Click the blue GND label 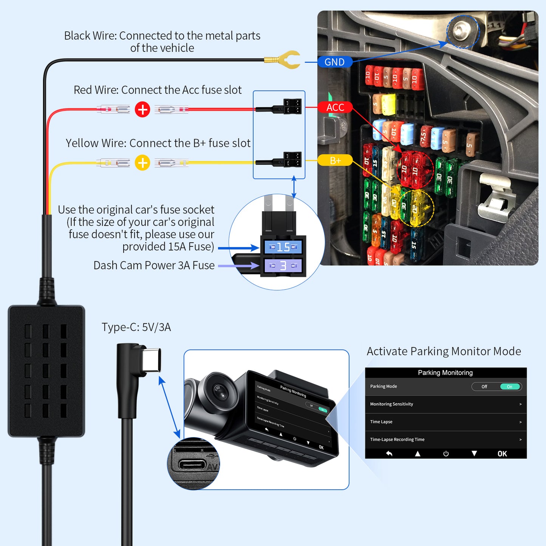click(334, 62)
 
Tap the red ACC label click(335, 107)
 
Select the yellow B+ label click(335, 161)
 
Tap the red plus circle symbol click(142, 110)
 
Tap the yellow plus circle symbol click(142, 163)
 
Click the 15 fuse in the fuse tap click(283, 247)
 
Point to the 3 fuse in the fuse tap click(283, 266)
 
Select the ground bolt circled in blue click(462, 31)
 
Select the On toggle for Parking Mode click(510, 387)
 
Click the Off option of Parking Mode click(484, 387)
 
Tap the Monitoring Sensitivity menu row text click(391, 404)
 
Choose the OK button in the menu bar click(502, 454)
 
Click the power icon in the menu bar click(446, 454)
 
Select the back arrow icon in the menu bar click(389, 454)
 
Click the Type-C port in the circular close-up click(192, 464)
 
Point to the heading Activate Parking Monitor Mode click(444, 351)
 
